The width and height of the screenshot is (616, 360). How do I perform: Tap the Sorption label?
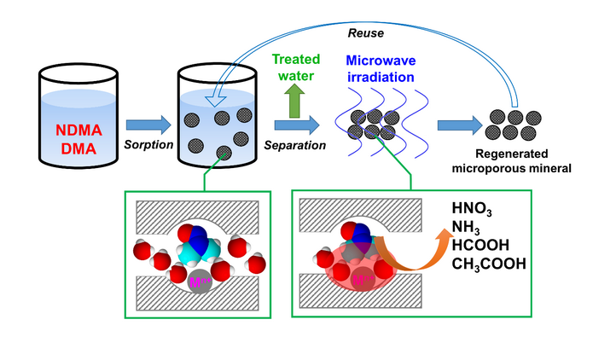[148, 145]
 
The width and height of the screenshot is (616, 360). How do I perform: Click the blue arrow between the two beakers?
[148, 125]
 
